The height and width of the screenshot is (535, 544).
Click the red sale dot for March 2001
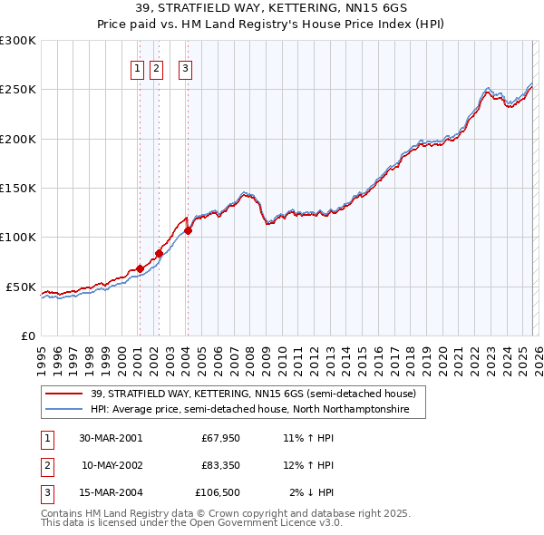[x=141, y=268]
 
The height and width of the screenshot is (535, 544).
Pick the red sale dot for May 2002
[x=159, y=254]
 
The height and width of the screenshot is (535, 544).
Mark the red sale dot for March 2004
[x=188, y=230]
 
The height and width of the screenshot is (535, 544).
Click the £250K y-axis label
[x=17, y=90]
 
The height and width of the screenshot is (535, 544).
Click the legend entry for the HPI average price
[x=249, y=410]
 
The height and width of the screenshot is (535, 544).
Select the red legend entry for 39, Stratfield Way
[x=253, y=394]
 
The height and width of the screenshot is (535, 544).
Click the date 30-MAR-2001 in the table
[x=111, y=438]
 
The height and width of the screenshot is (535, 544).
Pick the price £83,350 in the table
[x=220, y=465]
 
